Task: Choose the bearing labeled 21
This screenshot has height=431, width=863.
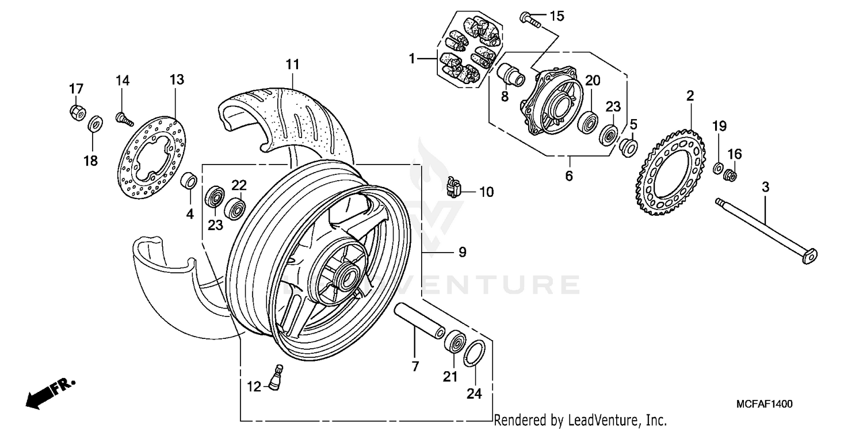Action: tap(456, 343)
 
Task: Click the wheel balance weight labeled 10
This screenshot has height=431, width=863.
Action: tap(454, 186)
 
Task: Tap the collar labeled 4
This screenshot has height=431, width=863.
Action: tap(189, 180)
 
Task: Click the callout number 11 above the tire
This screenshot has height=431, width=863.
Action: tap(293, 64)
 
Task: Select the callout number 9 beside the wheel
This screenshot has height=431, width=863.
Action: tap(461, 251)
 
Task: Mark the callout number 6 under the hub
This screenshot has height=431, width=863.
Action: tap(568, 176)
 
